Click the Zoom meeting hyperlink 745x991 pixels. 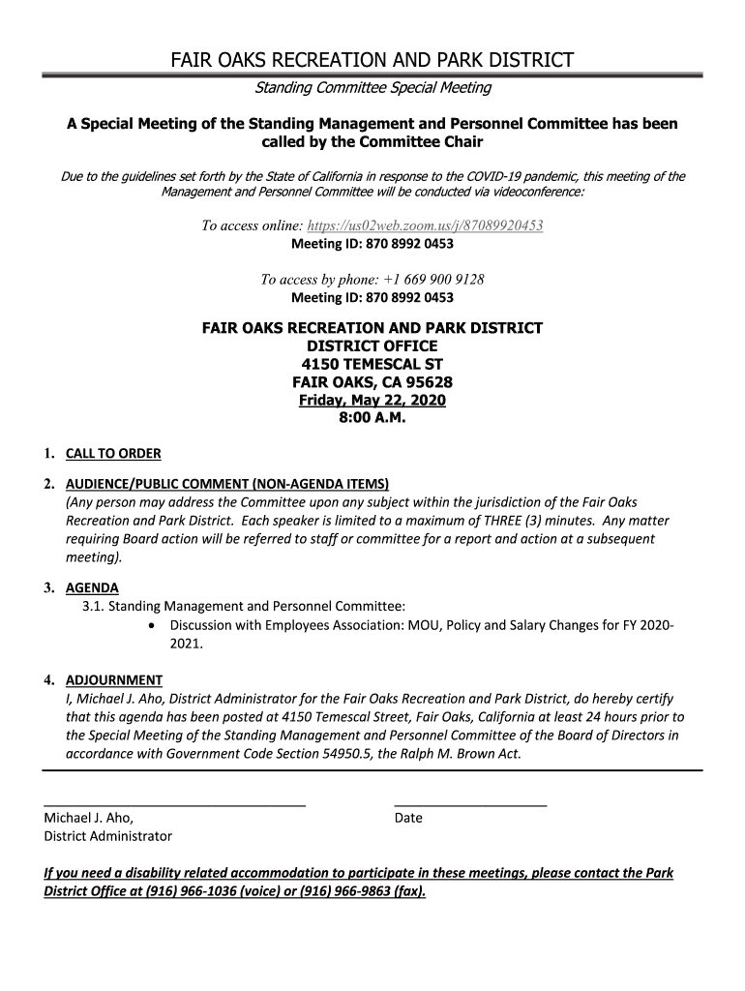coord(425,225)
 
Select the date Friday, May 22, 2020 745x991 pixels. coord(372,401)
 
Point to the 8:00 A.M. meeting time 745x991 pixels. coord(372,419)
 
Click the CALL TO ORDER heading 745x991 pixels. coord(113,454)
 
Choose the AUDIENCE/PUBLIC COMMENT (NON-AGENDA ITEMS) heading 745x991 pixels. coord(226,483)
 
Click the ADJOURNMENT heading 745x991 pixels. coord(113,680)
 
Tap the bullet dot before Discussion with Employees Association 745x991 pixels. coord(155,625)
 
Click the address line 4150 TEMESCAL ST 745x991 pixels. coord(372,364)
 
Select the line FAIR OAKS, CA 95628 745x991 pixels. coord(372,382)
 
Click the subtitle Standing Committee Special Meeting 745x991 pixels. coord(372,88)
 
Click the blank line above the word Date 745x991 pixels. coord(470,804)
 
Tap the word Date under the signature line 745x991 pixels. coord(408,818)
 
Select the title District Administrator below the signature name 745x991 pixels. coord(108,836)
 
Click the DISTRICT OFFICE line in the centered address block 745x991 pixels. coord(372,346)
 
